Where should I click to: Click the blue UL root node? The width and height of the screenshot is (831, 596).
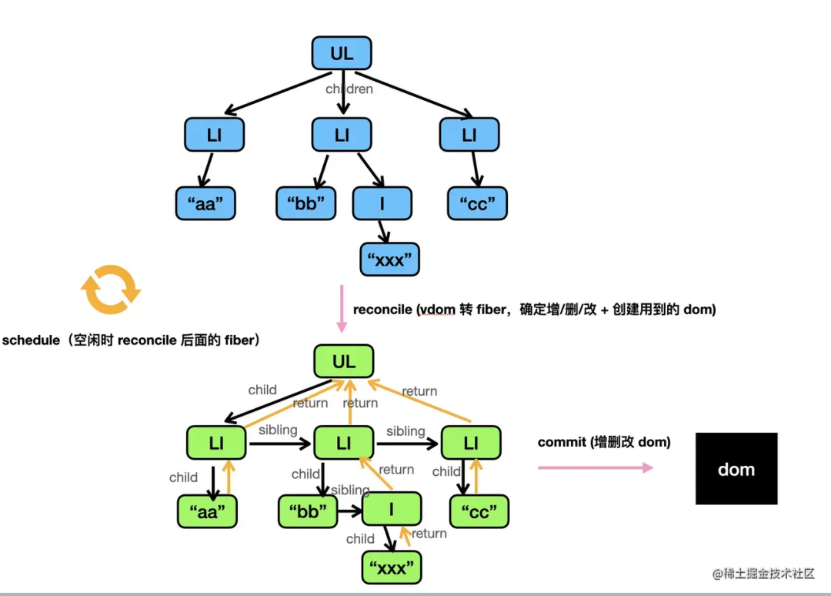pos(342,54)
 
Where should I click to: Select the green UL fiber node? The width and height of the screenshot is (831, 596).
pos(344,361)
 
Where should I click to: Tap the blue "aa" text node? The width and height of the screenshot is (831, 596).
pos(205,204)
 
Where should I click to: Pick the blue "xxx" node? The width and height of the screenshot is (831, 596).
pos(389,259)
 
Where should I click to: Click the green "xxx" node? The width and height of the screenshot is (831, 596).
pos(392,569)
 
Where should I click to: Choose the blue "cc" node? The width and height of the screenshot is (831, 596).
pos(478,204)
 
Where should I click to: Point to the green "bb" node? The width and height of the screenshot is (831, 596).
pos(308,511)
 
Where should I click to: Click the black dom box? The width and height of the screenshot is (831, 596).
pos(736,469)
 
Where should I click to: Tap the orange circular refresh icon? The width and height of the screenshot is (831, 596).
pos(112,290)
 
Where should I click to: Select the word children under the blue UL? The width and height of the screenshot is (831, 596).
pos(349,89)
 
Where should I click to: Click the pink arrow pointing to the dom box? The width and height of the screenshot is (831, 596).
pos(595,467)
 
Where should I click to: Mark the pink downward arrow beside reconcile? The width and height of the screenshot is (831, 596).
pos(342,309)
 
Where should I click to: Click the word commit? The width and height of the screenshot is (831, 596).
pos(561,442)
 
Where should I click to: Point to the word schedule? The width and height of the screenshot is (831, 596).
pos(31,340)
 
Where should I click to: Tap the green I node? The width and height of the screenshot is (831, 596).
pos(392,509)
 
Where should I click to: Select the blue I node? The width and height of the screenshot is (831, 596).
pos(382,204)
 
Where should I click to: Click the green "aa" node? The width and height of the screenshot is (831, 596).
pos(208,512)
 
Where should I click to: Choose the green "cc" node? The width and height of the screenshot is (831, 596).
pos(479,512)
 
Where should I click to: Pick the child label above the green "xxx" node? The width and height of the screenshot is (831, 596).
pos(360,539)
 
